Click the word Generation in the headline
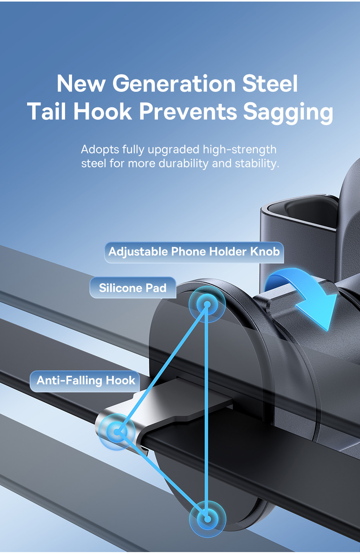(x=174, y=84)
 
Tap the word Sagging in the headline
(x=288, y=112)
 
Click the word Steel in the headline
(x=270, y=83)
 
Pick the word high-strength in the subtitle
(x=240, y=150)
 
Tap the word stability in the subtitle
(x=257, y=163)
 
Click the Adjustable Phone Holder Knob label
(x=194, y=252)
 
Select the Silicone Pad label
(x=133, y=288)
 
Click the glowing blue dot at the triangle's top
(x=207, y=304)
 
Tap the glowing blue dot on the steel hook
(x=117, y=432)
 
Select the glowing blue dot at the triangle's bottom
(x=207, y=519)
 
